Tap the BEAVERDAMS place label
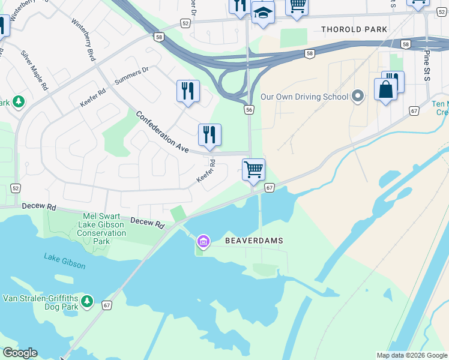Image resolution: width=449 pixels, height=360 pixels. (x=253, y=241)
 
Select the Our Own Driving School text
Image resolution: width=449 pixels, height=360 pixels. (x=304, y=97)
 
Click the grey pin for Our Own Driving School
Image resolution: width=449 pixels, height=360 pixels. (x=358, y=96)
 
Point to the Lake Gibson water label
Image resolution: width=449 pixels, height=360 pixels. (x=64, y=261)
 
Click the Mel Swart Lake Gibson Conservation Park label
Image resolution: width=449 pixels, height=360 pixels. (x=102, y=229)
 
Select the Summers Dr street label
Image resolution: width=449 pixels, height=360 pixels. (x=131, y=76)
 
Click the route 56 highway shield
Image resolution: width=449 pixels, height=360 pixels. (x=249, y=109)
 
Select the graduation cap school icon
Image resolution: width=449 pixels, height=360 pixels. (x=263, y=13)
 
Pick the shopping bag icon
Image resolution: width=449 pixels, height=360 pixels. (x=385, y=90)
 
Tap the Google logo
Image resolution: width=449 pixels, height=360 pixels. (x=20, y=353)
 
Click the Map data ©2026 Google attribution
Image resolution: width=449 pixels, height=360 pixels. (x=412, y=355)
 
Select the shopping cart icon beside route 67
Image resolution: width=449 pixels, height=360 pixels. (x=254, y=170)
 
